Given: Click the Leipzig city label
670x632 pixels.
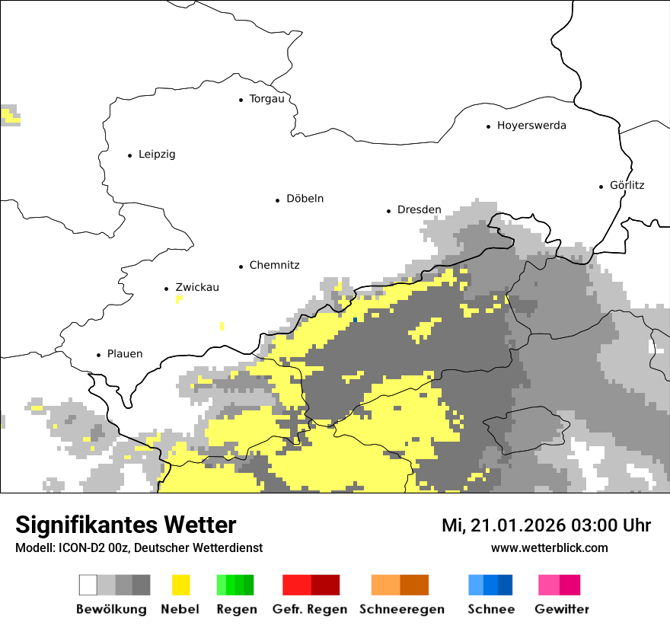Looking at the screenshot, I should coord(157,155).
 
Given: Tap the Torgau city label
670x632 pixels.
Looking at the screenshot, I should coord(266,99).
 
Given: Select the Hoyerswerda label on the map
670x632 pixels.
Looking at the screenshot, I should coord(531,126).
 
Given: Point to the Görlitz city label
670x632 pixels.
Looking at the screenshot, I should coord(627,185).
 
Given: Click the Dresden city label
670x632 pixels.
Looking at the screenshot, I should coord(419,209).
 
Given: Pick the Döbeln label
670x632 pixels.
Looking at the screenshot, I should coord(305,199).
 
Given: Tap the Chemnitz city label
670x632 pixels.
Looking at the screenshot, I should coord(274,266).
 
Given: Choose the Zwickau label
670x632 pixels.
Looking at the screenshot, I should coord(196,288).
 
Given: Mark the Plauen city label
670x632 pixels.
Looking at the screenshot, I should coord(124,354).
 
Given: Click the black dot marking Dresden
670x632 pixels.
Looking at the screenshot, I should coord(388,211).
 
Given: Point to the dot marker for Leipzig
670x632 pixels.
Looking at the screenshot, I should coord(129,155).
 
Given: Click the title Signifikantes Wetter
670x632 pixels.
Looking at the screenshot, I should coord(126,525).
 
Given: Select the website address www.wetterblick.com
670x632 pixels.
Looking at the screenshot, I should coord(549,548).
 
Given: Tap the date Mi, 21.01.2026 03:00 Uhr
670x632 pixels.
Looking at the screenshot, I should coord(546,526).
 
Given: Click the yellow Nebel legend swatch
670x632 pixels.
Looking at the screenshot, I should coord(180,585).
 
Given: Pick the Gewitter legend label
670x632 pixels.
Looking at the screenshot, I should coord(562,609).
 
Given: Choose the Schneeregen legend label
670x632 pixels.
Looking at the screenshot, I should coord(402,609).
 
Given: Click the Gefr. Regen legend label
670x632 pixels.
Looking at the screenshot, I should coord(310,609).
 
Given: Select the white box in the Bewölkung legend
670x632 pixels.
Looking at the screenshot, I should coord(88,585).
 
